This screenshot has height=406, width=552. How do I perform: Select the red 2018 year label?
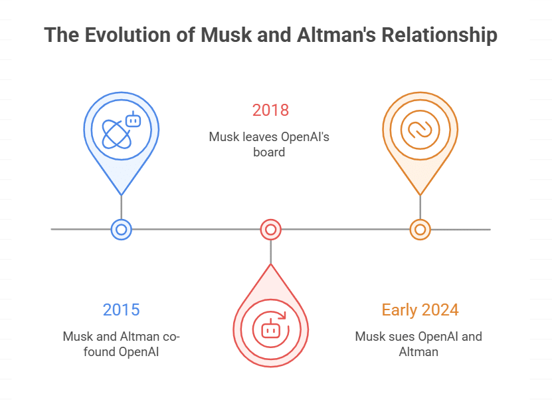click(270, 110)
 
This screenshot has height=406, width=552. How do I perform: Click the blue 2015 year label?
click(121, 309)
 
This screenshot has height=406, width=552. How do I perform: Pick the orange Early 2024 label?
click(420, 309)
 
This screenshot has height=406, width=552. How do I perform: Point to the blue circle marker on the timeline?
click(121, 230)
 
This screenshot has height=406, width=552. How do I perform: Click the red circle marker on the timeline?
click(270, 230)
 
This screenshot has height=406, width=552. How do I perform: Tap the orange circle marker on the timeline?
click(420, 230)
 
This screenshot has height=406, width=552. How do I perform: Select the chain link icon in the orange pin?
click(420, 128)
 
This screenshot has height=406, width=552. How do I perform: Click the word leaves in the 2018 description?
click(258, 137)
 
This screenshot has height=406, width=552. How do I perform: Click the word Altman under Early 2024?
click(418, 351)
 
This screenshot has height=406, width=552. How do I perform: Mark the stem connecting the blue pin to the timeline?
click(121, 206)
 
